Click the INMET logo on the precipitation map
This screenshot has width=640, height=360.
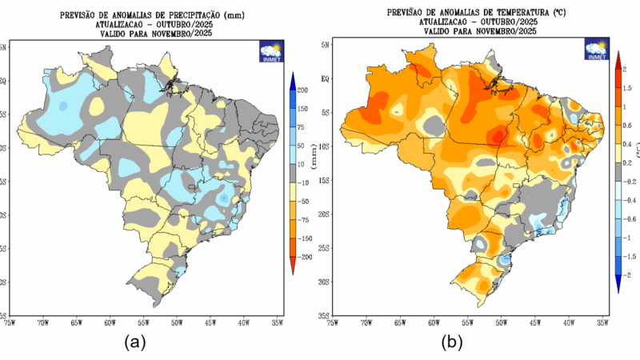point(270,51)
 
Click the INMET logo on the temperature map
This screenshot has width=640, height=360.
point(597,50)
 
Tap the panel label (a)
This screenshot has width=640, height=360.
point(133,342)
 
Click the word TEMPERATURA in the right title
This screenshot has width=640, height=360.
point(521,13)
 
